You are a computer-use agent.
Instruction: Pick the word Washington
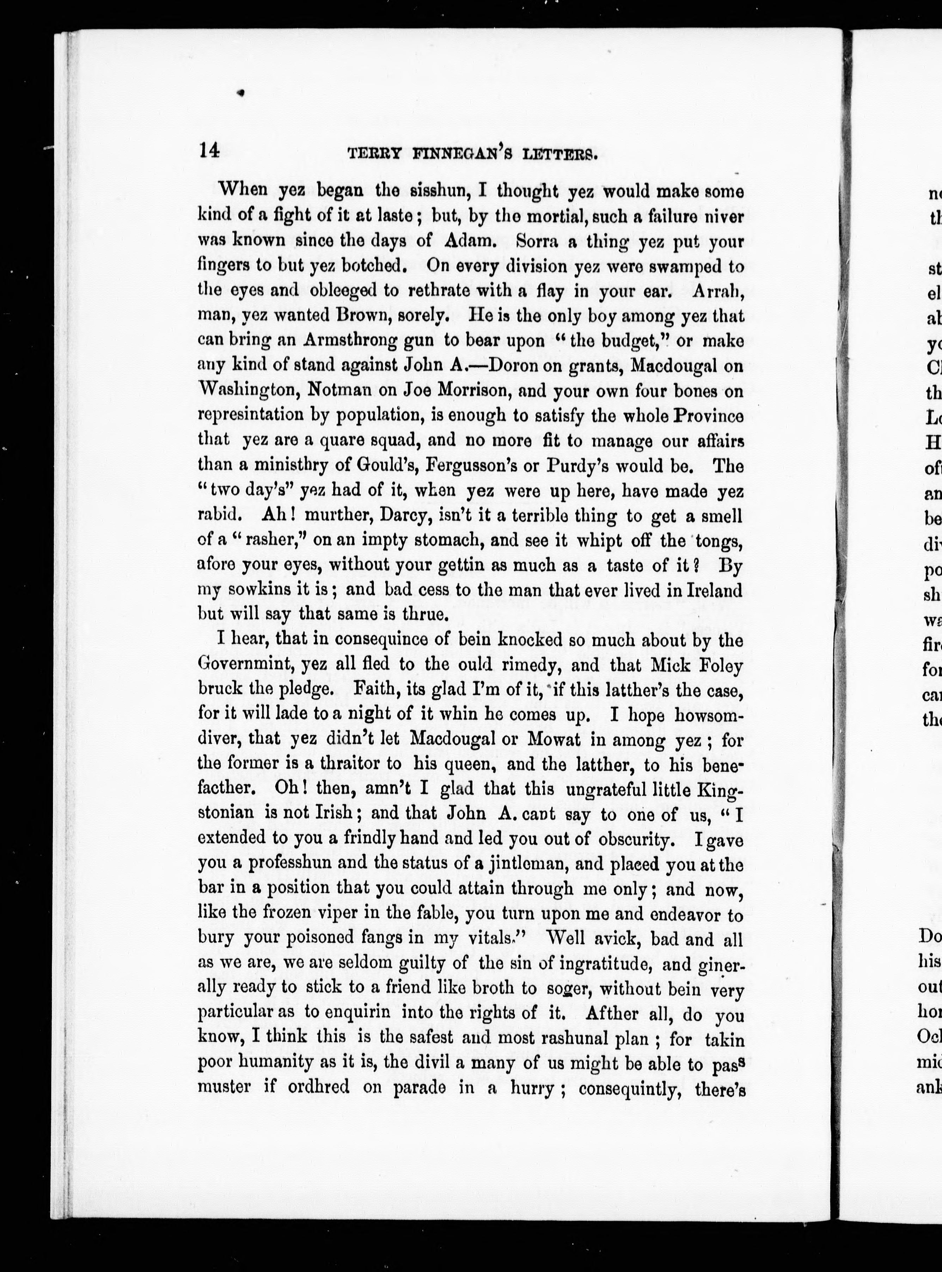248,391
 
